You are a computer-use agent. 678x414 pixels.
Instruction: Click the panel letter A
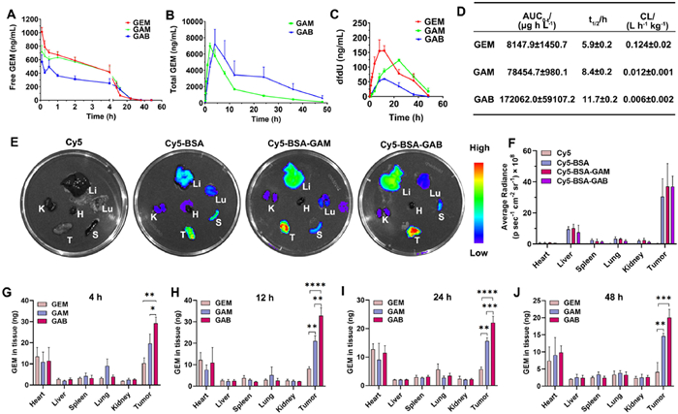pyautogui.click(x=9, y=10)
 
